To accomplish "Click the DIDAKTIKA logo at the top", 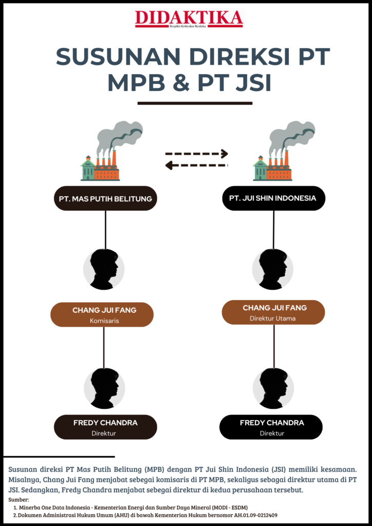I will coord(189,18).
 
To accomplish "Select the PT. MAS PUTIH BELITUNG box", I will coord(105,198).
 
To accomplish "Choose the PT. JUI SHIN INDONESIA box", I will coord(273,198).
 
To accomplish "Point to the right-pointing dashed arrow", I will coord(196,153).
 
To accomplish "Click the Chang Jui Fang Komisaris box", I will coord(102,314).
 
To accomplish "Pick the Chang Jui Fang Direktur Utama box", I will coord(273,312).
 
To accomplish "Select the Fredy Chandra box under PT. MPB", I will coord(105,427).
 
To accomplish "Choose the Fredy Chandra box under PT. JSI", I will coord(271,427).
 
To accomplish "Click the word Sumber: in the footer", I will coord(20,499).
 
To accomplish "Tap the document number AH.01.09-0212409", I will coord(249,515).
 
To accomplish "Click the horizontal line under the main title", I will coord(195,103).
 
